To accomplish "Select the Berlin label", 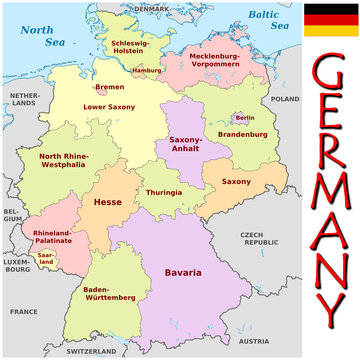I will coord(243,119).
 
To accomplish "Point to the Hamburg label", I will coord(147,70).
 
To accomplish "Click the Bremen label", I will coord(110,87).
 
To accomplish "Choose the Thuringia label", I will coord(163,192).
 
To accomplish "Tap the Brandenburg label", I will coord(240,134).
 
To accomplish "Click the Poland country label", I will coord(285,100).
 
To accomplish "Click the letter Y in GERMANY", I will coord(327,319).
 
